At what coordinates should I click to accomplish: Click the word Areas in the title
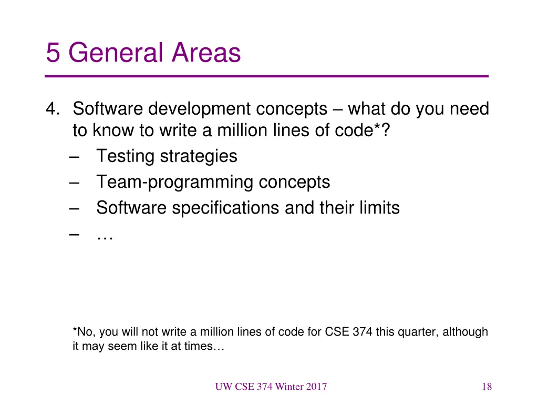click(x=206, y=53)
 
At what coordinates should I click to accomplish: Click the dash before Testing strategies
click(x=73, y=156)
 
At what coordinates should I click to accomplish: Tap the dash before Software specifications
click(x=73, y=208)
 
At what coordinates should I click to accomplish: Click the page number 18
click(x=487, y=387)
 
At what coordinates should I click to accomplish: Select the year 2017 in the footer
click(x=316, y=387)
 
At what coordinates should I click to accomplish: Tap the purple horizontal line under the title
click(x=267, y=77)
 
